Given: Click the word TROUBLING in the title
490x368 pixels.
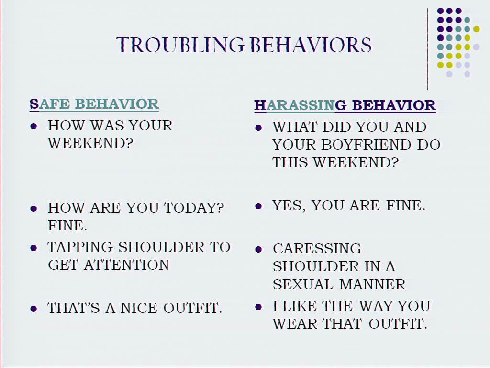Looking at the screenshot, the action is point(180,45).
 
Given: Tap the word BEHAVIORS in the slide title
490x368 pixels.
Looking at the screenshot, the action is point(311,45).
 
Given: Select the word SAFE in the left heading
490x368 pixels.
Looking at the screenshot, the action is point(50,104).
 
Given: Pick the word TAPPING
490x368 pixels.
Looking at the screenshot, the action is point(80,247).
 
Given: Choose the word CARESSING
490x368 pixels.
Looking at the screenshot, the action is point(317,249).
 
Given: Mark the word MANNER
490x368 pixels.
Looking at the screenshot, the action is point(372,285).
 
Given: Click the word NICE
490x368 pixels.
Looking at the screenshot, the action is point(139,308).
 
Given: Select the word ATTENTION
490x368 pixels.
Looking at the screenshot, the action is point(126,264).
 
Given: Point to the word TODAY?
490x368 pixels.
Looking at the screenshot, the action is point(194,208).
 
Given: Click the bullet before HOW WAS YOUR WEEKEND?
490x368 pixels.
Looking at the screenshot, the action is point(34,126).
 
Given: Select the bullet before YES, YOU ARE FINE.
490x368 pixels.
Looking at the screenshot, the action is point(258,206).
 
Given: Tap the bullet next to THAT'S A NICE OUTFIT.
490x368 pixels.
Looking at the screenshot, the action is point(34,309).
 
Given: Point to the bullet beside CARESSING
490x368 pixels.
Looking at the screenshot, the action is point(258,249).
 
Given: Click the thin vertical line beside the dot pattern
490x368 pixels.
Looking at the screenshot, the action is point(427,49).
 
